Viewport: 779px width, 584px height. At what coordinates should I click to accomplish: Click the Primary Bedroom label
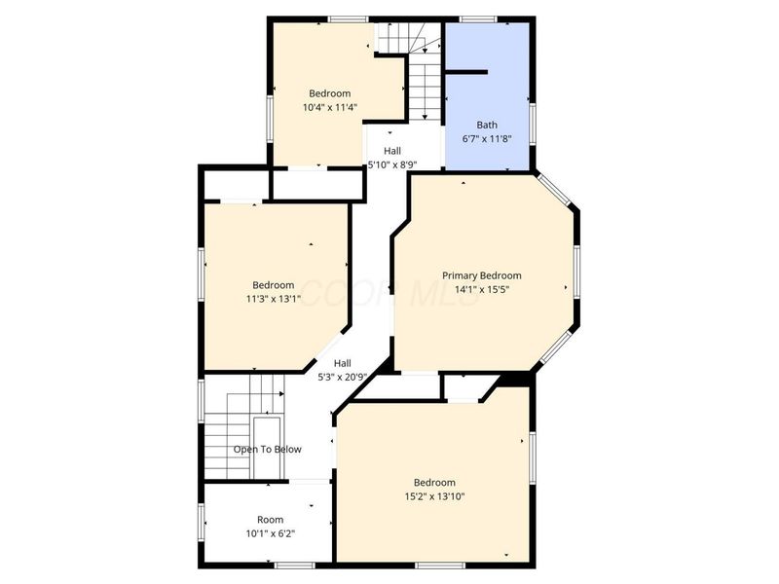(482, 275)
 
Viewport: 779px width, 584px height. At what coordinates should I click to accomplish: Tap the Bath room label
(487, 126)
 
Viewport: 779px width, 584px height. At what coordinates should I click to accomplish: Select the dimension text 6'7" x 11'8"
(487, 139)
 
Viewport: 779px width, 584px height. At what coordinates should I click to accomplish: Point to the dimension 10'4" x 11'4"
(330, 107)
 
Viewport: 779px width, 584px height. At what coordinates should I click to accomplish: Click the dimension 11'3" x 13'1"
(274, 299)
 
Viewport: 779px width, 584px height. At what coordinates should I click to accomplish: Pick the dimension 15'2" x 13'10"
(434, 496)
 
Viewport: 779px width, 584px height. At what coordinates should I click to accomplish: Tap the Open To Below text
(267, 450)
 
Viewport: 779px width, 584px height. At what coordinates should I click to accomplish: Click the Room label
(271, 520)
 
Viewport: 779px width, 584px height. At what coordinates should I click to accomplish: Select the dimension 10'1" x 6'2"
(271, 533)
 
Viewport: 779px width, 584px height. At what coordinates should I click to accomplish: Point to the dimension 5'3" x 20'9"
(343, 377)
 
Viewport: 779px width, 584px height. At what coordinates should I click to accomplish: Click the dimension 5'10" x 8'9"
(392, 164)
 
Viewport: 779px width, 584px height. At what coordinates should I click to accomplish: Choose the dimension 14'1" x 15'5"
(482, 289)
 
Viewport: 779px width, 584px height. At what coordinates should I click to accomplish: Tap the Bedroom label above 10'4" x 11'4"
(330, 93)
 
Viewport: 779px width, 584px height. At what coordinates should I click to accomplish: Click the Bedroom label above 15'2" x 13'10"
(434, 482)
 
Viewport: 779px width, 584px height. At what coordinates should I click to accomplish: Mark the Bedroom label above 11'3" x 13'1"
(274, 285)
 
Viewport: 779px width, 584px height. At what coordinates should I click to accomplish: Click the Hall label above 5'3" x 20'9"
(343, 363)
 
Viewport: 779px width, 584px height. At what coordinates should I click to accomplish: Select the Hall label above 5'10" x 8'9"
(392, 151)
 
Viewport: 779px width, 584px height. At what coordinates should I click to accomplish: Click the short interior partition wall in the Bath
(466, 72)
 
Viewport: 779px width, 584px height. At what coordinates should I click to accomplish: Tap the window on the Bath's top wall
(478, 19)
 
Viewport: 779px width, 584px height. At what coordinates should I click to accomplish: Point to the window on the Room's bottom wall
(295, 566)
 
